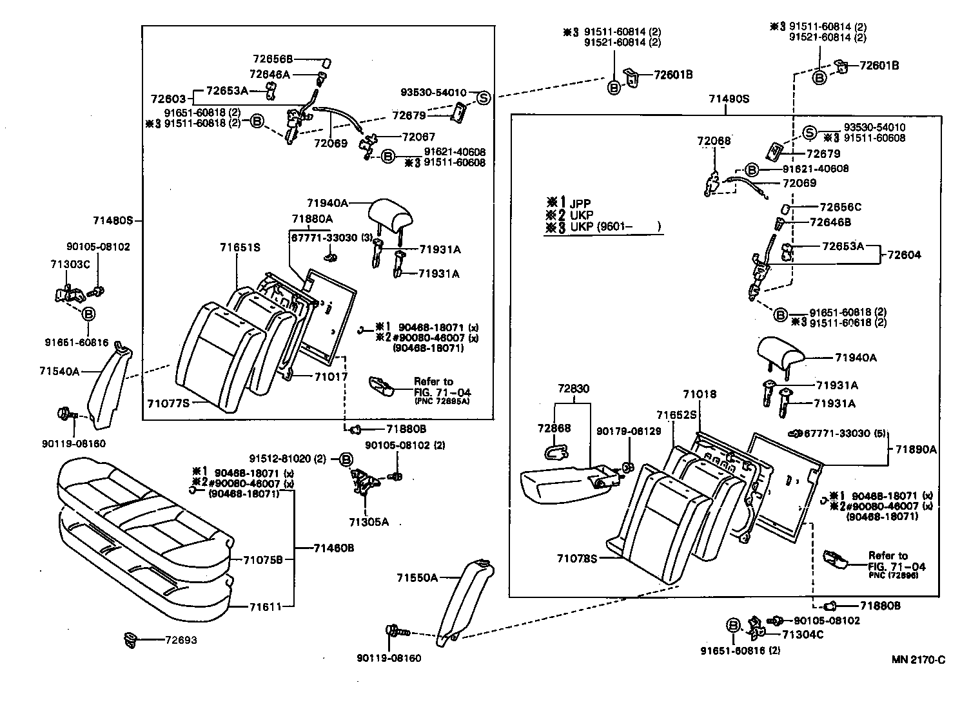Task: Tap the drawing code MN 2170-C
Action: click(918, 659)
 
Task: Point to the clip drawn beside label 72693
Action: click(131, 640)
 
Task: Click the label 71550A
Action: click(417, 577)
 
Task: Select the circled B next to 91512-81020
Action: click(346, 459)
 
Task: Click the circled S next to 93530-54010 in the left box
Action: click(484, 97)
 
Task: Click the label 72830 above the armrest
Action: click(573, 389)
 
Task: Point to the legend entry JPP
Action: click(580, 204)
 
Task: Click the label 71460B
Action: click(334, 548)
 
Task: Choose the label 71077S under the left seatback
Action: click(168, 403)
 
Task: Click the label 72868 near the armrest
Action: click(554, 428)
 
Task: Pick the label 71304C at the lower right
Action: click(803, 634)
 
